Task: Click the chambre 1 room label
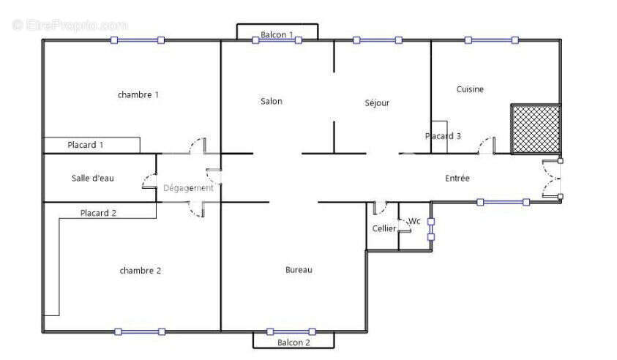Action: tap(138, 94)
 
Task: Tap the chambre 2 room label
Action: tap(140, 271)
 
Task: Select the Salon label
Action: tap(271, 102)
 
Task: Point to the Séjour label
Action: tap(377, 103)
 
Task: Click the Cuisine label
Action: tap(470, 89)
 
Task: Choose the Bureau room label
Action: tap(299, 270)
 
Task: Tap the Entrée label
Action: tap(457, 179)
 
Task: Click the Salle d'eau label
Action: tap(93, 178)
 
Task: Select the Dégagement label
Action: tap(188, 188)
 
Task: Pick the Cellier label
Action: tap(384, 229)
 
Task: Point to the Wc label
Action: tap(414, 221)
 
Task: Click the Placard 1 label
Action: tap(86, 145)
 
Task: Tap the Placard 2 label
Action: tap(99, 214)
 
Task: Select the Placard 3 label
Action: tap(443, 136)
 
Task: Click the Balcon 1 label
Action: tap(277, 34)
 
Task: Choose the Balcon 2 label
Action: tap(293, 342)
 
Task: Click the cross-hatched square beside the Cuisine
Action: tap(536, 129)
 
